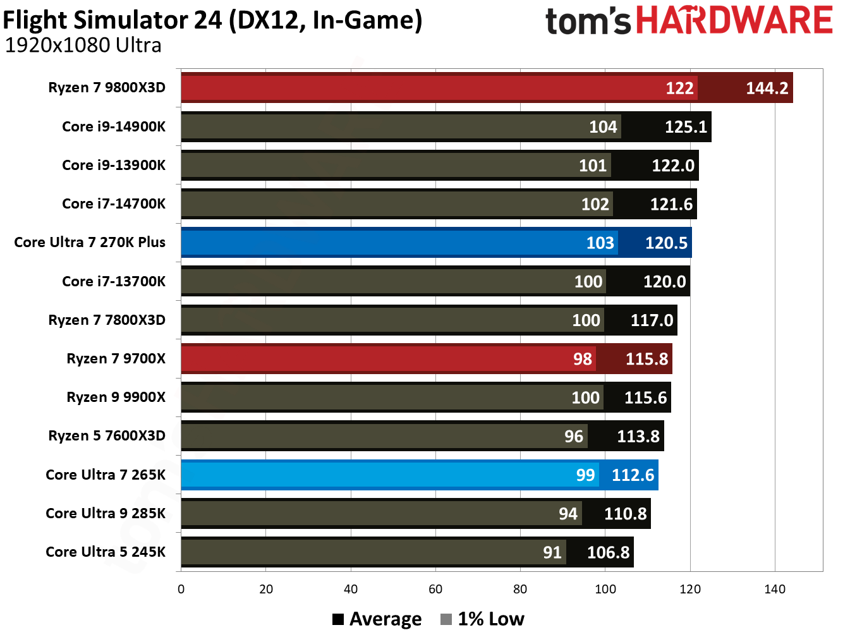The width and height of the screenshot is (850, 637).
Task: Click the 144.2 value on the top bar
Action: pos(767,88)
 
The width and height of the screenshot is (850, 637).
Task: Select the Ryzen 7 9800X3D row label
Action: pos(107,88)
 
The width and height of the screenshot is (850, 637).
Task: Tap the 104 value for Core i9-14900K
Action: pos(603,127)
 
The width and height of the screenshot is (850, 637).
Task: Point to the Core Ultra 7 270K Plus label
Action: pos(90,243)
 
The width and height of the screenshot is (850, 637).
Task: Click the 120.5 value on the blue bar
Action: pos(665,243)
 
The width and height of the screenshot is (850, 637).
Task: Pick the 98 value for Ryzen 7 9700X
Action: pos(582,359)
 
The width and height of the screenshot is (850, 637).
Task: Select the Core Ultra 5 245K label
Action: pos(106,552)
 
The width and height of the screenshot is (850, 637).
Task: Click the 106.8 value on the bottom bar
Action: pos(608,552)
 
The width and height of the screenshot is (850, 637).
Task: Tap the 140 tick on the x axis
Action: pos(774,590)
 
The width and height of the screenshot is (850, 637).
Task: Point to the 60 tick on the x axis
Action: pos(435,590)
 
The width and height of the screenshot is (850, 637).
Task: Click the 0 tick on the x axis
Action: pos(181,590)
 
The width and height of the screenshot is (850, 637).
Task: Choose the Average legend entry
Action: pos(377,619)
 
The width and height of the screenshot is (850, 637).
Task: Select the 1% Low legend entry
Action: pos(483,619)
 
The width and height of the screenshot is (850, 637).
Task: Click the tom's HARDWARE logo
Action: pos(688,21)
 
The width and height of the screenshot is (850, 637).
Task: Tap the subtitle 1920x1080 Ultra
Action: pos(83,45)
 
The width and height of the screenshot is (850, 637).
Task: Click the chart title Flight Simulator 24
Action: pos(212,20)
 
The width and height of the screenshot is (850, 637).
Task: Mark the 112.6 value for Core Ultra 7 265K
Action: pos(633,475)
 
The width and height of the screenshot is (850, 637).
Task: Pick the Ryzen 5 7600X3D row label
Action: pos(107,436)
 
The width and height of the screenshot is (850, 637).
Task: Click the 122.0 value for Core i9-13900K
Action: pos(673,166)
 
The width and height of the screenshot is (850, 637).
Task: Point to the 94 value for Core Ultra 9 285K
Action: pos(568,514)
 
